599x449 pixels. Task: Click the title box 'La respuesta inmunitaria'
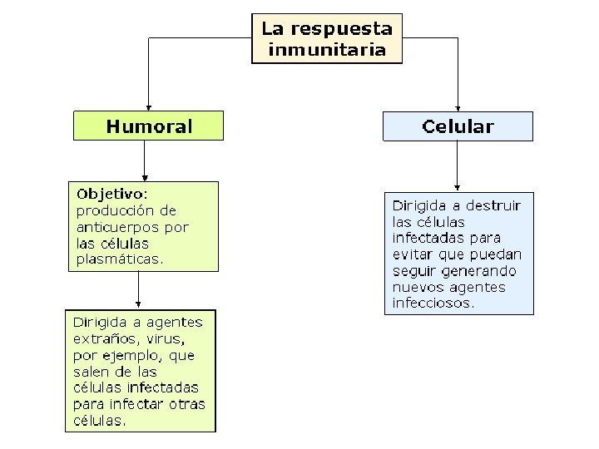coord(327,38)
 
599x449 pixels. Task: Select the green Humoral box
coord(149,126)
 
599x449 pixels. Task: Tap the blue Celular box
coord(457,126)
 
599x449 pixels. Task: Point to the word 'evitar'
coord(411,254)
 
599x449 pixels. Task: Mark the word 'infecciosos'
coord(432,303)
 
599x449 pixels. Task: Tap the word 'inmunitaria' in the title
coord(327,49)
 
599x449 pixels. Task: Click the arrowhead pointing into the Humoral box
coord(148,106)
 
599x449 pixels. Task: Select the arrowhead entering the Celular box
coord(458,106)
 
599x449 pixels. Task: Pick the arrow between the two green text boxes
coord(138,290)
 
